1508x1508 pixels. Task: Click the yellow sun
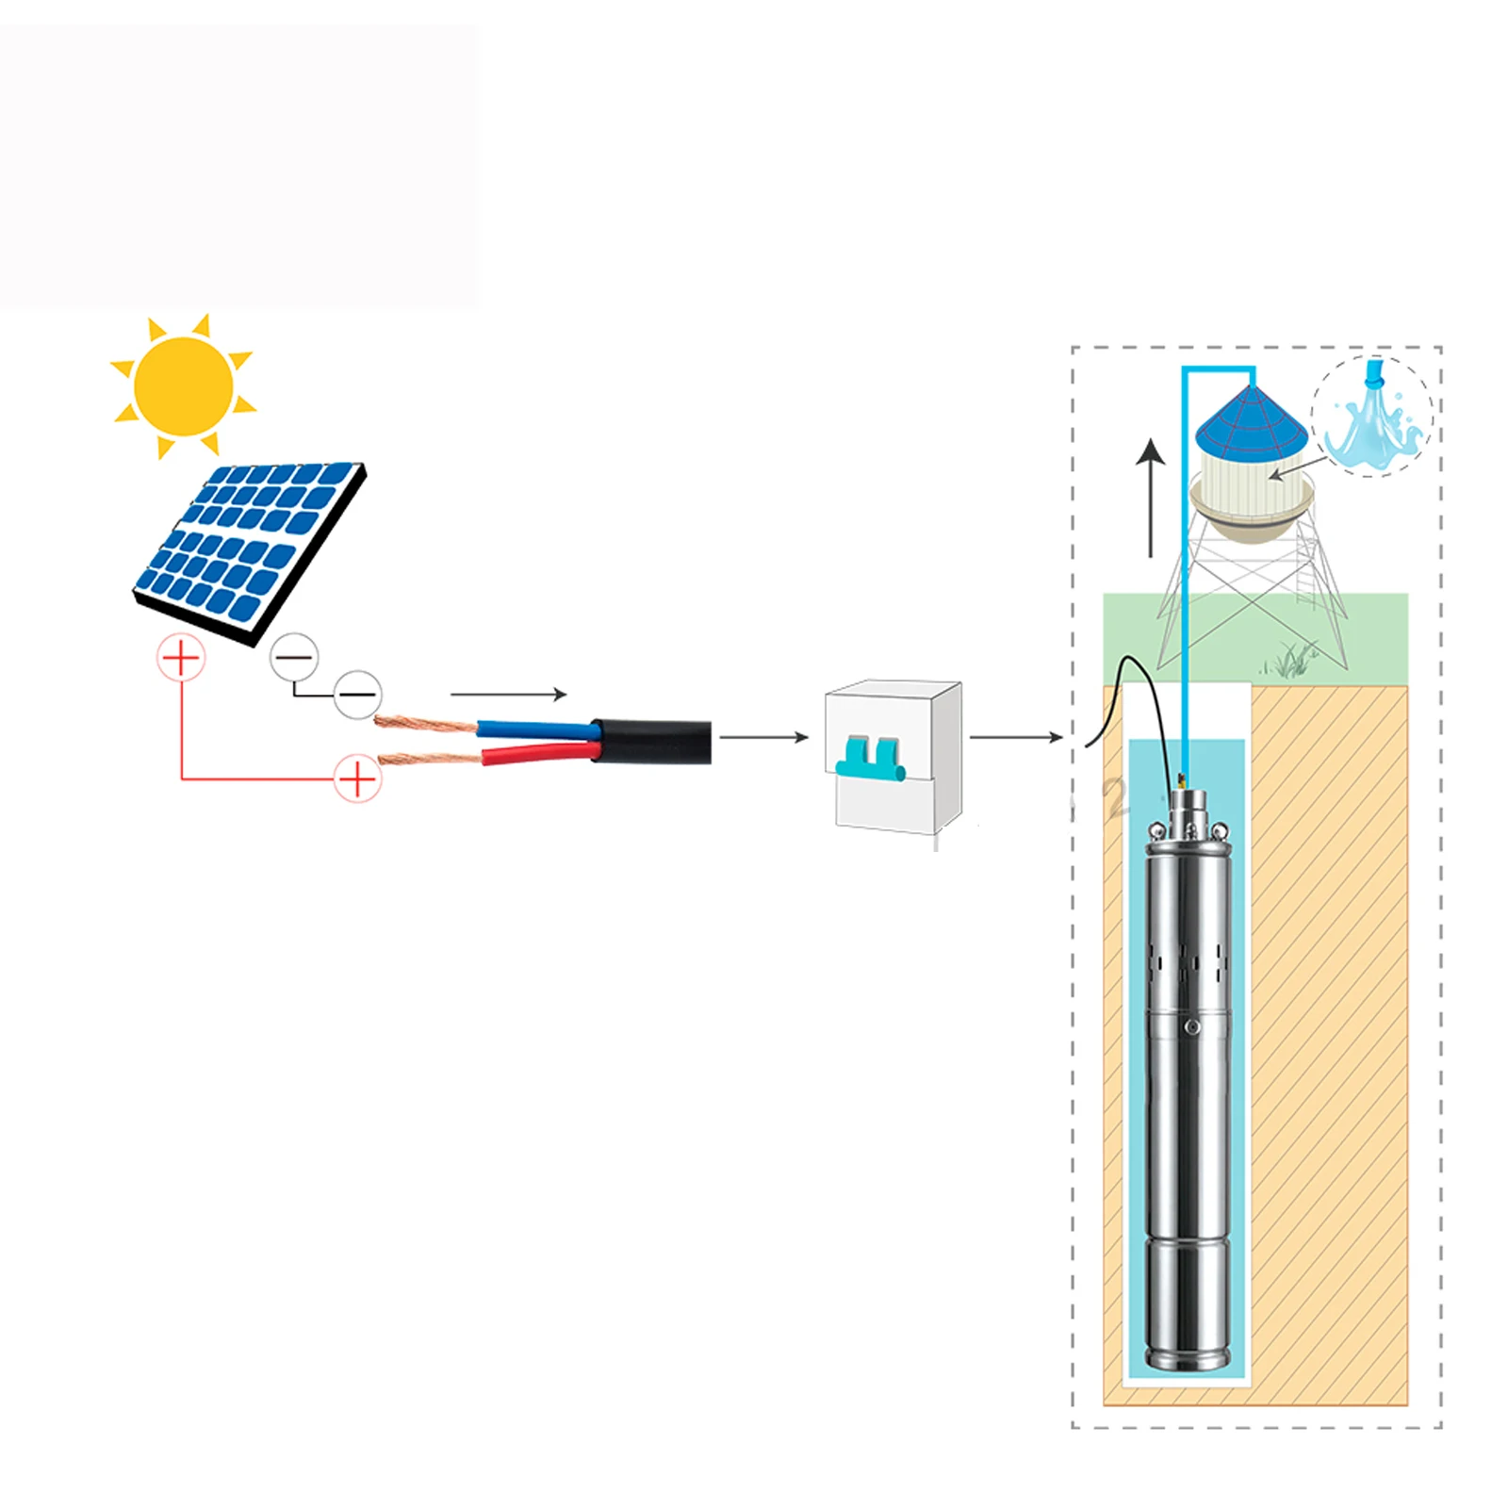click(183, 385)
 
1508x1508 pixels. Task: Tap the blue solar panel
click(247, 547)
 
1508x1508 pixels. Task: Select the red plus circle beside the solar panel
click(181, 657)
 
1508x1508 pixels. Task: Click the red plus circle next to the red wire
click(357, 779)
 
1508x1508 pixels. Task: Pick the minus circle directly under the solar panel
click(294, 657)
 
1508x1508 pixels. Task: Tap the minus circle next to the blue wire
click(358, 696)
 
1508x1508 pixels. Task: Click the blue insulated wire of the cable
click(533, 729)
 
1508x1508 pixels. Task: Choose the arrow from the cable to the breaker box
click(763, 737)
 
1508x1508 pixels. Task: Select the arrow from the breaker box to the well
click(1016, 737)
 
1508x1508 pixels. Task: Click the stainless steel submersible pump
click(1188, 1084)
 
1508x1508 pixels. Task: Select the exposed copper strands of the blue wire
click(424, 724)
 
